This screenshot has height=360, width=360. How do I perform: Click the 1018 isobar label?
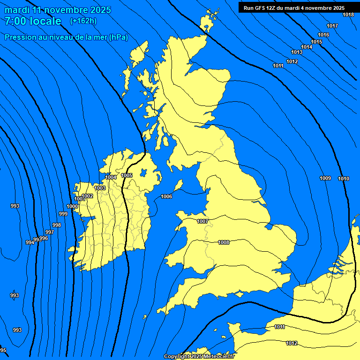pyautogui.click(x=348, y=15)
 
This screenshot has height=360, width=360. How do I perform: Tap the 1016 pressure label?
pyautogui.click(x=323, y=35)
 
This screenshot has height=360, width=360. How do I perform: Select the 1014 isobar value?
pyautogui.click(x=307, y=47)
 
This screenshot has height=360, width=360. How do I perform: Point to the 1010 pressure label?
pyautogui.click(x=344, y=179)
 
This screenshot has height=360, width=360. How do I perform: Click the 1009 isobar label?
pyautogui.click(x=325, y=178)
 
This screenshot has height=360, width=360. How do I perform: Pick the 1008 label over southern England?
pyautogui.click(x=224, y=242)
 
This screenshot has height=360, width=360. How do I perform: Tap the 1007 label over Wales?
pyautogui.click(x=202, y=221)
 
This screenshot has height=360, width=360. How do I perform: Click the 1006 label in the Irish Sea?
pyautogui.click(x=166, y=196)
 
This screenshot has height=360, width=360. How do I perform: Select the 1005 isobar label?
pyautogui.click(x=127, y=175)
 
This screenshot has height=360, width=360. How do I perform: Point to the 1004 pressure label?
pyautogui.click(x=111, y=177)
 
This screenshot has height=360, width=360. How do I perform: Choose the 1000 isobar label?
pyautogui.click(x=72, y=206)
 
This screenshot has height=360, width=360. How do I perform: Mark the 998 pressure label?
pyautogui.click(x=57, y=225)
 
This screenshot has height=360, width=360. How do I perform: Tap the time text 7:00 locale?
pyautogui.click(x=33, y=21)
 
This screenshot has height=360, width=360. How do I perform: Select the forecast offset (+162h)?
pyautogui.click(x=83, y=21)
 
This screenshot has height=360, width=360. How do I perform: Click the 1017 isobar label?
pyautogui.click(x=332, y=26)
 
